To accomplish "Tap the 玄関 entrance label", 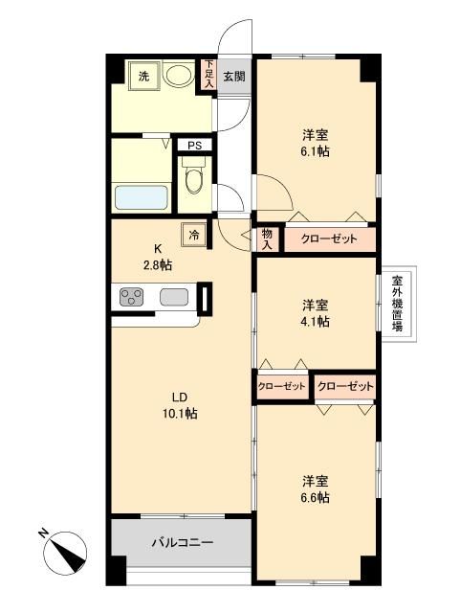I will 233,76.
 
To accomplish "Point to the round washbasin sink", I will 177,75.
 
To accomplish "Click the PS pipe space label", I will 194,146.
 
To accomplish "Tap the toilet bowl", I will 194,180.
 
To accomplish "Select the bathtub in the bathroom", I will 142,198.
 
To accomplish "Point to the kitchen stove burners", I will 130,298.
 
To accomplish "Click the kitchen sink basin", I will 173,298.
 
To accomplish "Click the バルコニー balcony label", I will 182,542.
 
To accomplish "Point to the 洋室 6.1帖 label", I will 313,144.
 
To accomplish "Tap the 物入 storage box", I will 267,238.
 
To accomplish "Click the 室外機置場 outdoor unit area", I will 396,304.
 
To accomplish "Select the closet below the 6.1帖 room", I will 329,238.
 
